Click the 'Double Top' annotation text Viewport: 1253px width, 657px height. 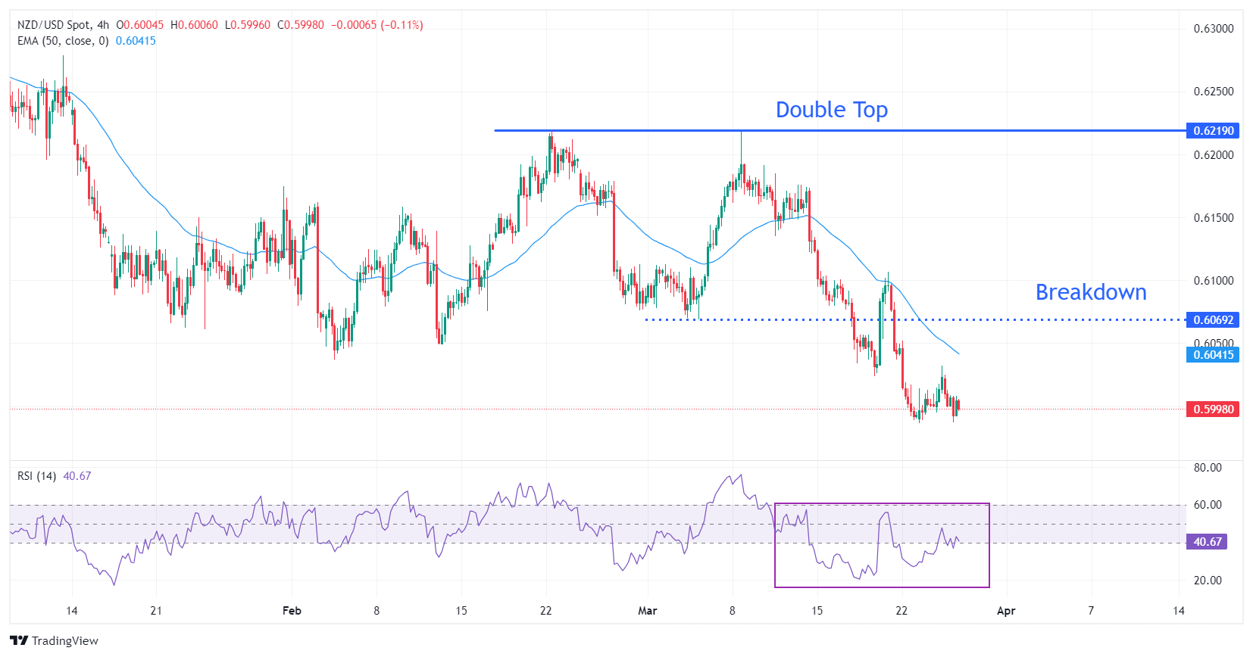tap(831, 111)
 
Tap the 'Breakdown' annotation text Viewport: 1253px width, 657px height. tap(1090, 292)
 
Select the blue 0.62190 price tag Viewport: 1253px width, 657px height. tap(1213, 131)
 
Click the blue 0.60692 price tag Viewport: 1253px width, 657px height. tap(1213, 320)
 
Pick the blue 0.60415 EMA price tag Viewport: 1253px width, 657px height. tap(1213, 355)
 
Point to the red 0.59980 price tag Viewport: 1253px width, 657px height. tap(1213, 409)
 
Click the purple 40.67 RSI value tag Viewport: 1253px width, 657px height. tap(1208, 542)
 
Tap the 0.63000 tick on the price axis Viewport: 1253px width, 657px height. tap(1214, 29)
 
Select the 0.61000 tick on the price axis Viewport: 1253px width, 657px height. tap(1214, 281)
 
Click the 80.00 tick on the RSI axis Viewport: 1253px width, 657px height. tap(1208, 468)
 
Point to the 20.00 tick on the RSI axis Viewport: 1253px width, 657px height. tap(1208, 581)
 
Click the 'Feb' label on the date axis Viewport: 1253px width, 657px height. tap(292, 611)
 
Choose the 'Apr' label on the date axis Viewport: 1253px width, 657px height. tap(1005, 611)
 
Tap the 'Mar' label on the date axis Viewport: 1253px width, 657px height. tap(647, 611)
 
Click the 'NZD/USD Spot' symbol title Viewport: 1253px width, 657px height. tap(52, 25)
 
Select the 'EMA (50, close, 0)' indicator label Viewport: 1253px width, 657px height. tap(63, 41)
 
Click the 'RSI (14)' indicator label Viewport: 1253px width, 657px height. tap(36, 476)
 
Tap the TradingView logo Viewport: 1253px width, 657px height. tap(54, 641)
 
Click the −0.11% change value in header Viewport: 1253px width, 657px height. tap(402, 25)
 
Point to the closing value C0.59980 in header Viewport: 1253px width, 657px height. tap(301, 25)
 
